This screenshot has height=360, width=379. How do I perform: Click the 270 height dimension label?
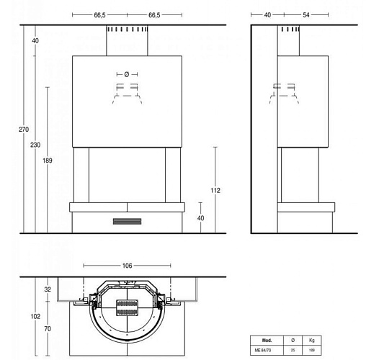tap(24, 130)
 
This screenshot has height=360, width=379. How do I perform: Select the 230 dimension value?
tap(36, 145)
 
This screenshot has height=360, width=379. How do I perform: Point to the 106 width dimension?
tap(127, 266)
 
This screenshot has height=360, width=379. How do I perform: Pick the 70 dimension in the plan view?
tap(48, 328)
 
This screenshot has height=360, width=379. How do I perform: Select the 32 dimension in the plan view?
tap(48, 289)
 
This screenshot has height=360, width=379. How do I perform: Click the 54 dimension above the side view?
tap(287, 14)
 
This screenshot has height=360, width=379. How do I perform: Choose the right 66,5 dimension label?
tap(155, 14)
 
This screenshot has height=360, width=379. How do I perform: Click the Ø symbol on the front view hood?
tap(127, 74)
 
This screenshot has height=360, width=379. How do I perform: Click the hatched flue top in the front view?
tap(127, 31)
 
